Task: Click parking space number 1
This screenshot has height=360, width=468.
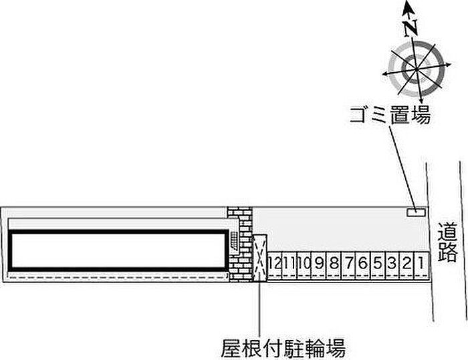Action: pyautogui.click(x=421, y=264)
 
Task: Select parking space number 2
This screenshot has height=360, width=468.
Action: pyautogui.click(x=406, y=264)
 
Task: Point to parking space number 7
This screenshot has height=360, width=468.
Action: pyautogui.click(x=348, y=264)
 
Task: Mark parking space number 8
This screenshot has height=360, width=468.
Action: pyautogui.click(x=333, y=264)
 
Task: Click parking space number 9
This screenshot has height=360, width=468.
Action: pyautogui.click(x=318, y=264)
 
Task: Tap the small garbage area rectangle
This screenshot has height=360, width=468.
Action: pyautogui.click(x=416, y=212)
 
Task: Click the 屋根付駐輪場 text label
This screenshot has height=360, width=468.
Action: pyautogui.click(x=284, y=347)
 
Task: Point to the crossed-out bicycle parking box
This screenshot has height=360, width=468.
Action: pyautogui.click(x=259, y=258)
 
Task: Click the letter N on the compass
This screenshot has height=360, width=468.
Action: pyautogui.click(x=411, y=27)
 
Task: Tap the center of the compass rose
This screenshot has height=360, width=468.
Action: pyautogui.click(x=415, y=67)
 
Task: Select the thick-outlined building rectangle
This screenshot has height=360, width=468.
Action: pyautogui.click(x=118, y=250)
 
